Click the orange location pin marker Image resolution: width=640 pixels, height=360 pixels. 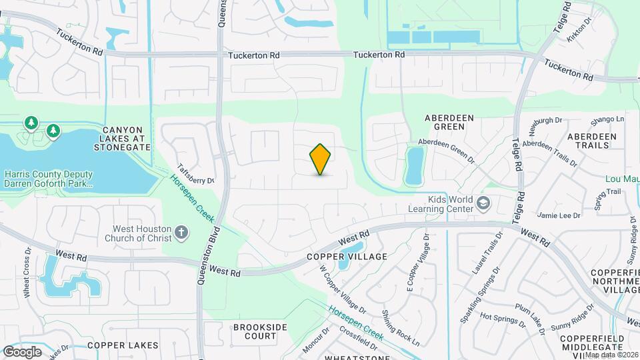click(321, 159)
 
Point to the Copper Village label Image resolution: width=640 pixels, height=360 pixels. click(347, 257)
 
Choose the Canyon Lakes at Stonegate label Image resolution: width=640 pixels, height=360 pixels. click(123, 138)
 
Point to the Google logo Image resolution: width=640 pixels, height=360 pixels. click(23, 351)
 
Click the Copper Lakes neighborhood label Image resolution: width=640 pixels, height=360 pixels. click(123, 345)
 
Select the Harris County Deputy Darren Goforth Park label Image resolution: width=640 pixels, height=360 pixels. click(48, 177)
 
